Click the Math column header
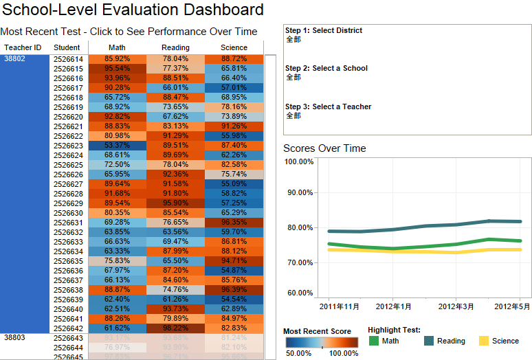117,47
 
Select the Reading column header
175,47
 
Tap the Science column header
234,47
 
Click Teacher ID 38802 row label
14,59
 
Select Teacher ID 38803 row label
14,338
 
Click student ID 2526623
68,146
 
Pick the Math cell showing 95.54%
117,69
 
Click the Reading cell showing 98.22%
175,328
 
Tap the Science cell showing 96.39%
234,290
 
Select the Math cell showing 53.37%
117,146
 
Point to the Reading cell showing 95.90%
175,203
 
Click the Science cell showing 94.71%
234,261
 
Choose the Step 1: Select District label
324,30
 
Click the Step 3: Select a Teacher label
328,106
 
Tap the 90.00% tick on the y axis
299,192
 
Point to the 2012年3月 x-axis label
457,306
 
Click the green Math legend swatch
373,341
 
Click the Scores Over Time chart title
324,148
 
